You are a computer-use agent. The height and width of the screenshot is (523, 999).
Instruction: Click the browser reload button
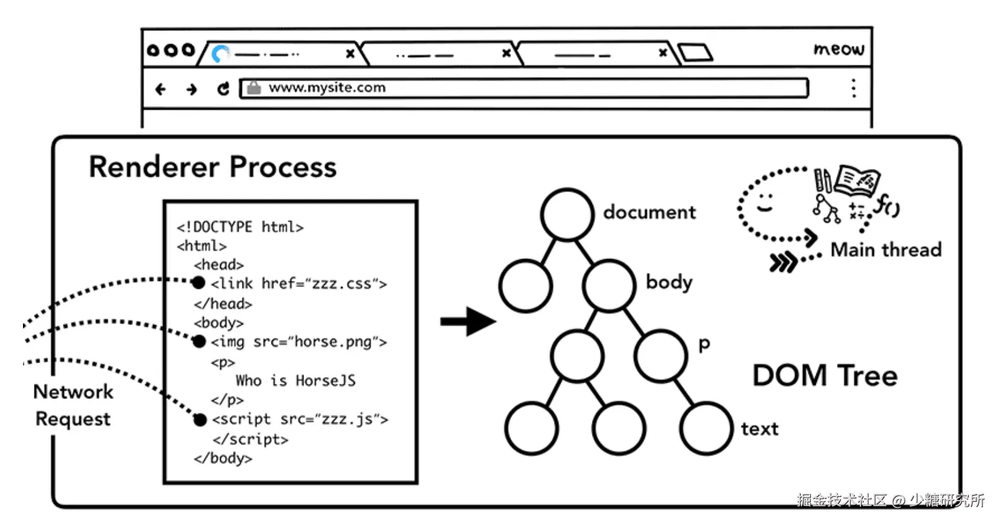click(223, 89)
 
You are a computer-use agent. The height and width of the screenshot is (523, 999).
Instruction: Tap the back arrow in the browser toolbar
click(160, 90)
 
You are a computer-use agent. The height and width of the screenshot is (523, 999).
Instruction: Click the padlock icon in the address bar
click(254, 88)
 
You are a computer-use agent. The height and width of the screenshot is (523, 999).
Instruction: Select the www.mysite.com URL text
click(327, 88)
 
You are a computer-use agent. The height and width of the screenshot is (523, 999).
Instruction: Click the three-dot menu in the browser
click(853, 88)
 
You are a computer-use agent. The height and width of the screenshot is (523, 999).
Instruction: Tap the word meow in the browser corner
click(839, 48)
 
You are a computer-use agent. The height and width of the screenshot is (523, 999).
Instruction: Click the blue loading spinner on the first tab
click(221, 54)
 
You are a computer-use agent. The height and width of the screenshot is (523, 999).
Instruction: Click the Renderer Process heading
click(212, 167)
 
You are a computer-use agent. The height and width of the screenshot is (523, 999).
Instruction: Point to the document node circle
click(567, 214)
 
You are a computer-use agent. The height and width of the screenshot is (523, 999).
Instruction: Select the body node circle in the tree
click(609, 286)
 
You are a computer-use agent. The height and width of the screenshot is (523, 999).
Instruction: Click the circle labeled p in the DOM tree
click(661, 356)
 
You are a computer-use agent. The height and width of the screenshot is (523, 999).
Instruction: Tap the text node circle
click(706, 429)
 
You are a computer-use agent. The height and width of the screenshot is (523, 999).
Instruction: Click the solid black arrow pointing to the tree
click(468, 321)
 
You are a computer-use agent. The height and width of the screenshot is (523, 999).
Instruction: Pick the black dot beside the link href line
click(198, 283)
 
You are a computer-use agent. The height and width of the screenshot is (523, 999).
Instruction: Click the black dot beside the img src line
click(199, 341)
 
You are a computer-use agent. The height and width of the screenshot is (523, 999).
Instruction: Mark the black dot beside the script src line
click(200, 419)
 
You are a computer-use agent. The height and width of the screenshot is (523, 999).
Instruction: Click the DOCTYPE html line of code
click(240, 227)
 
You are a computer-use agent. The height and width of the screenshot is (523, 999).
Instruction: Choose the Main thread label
click(886, 249)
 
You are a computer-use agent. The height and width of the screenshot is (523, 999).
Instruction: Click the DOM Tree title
click(825, 376)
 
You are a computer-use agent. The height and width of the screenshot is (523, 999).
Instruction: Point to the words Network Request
click(73, 405)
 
